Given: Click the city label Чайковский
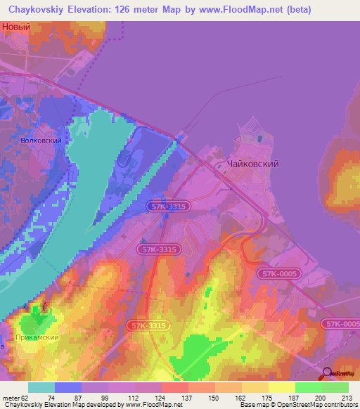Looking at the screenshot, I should tap(253, 164).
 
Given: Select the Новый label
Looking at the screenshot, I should tap(17, 27).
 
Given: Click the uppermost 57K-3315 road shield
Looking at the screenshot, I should tap(169, 206).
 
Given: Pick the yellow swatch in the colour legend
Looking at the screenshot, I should tap(281, 387).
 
